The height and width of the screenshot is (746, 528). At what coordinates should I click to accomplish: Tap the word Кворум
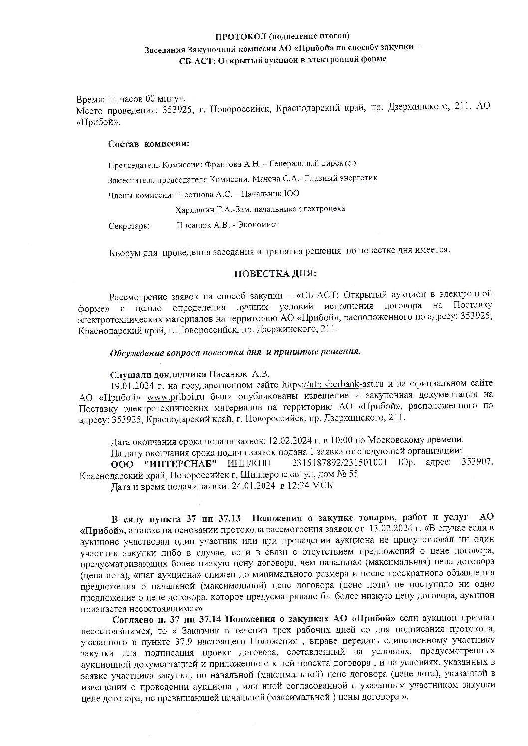point(123,251)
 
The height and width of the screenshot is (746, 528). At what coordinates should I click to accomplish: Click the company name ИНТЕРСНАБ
point(175,464)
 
